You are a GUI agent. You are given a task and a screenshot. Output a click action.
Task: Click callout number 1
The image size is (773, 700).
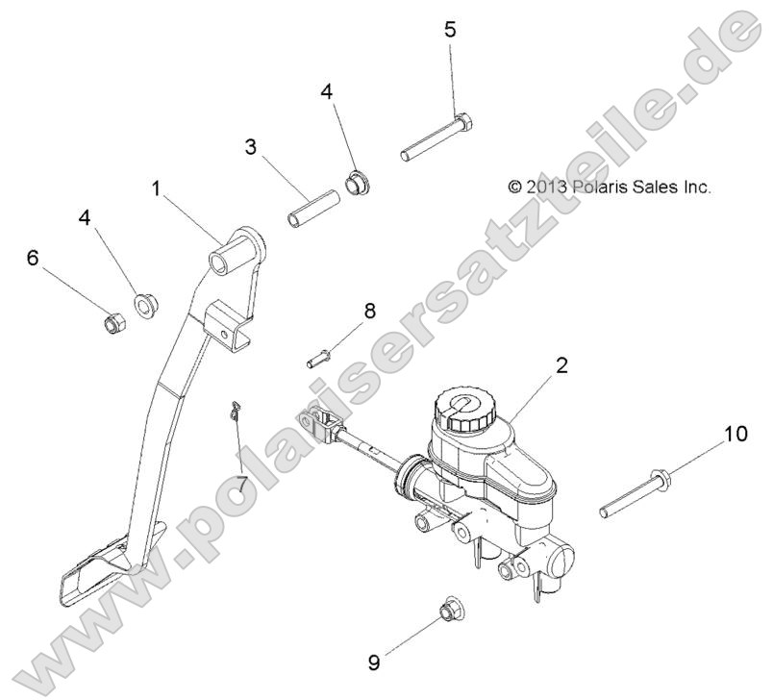157,189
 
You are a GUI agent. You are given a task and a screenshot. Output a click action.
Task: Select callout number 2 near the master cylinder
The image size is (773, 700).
562,364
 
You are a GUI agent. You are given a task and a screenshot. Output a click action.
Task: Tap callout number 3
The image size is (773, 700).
250,147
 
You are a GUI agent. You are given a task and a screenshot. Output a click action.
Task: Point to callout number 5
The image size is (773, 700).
451,28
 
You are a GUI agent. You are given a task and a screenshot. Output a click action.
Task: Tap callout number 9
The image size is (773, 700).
374,662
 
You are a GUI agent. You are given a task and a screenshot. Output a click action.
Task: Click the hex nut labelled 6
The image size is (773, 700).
112,319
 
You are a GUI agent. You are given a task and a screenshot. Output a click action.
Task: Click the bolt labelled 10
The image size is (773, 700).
637,490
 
